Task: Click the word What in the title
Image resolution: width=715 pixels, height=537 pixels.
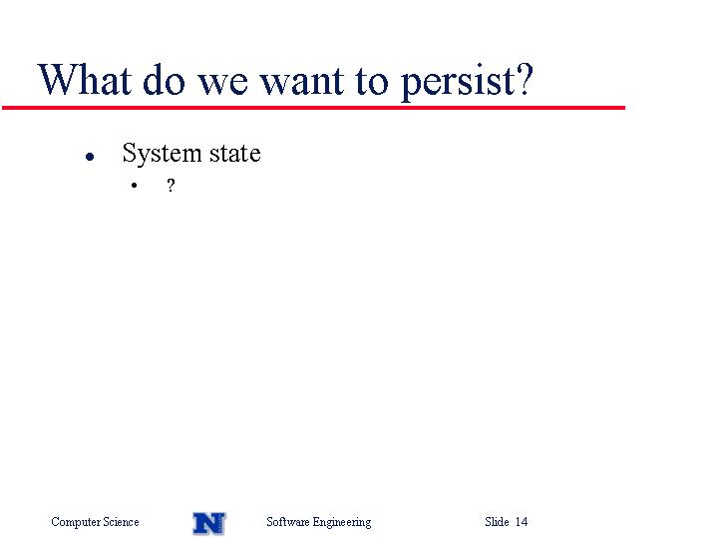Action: pyautogui.click(x=85, y=80)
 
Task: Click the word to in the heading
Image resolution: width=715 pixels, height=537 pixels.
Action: pyautogui.click(x=372, y=82)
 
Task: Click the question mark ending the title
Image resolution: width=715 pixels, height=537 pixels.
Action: pyautogui.click(x=525, y=80)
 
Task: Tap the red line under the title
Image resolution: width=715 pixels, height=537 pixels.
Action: pyautogui.click(x=313, y=108)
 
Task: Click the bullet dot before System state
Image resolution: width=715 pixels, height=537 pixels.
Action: pyautogui.click(x=90, y=157)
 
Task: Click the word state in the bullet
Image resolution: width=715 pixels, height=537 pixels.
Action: pyautogui.click(x=235, y=154)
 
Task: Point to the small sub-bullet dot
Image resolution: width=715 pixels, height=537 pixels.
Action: pyautogui.click(x=134, y=186)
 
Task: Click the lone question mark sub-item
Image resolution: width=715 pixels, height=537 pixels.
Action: pyautogui.click(x=171, y=185)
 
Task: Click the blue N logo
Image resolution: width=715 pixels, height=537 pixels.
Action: pyautogui.click(x=209, y=523)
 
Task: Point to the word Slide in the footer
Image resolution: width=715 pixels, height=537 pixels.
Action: pyautogui.click(x=497, y=521)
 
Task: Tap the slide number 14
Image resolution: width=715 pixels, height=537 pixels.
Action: pyautogui.click(x=522, y=521)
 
